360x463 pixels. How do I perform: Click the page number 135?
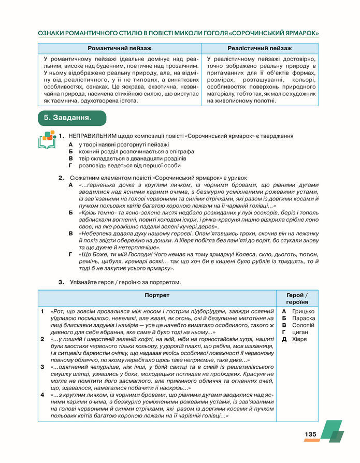click(x=310, y=434)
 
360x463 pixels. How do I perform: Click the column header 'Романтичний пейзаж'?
click(x=120, y=48)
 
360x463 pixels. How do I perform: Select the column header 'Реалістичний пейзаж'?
click(x=260, y=48)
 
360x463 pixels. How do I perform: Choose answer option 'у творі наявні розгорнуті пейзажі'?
click(x=123, y=144)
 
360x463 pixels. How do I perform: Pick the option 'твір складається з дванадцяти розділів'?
click(x=130, y=158)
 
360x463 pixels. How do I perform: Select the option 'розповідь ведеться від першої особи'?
click(x=129, y=166)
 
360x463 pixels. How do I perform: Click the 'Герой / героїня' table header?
click(x=296, y=298)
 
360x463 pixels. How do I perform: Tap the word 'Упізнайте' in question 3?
click(x=84, y=282)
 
